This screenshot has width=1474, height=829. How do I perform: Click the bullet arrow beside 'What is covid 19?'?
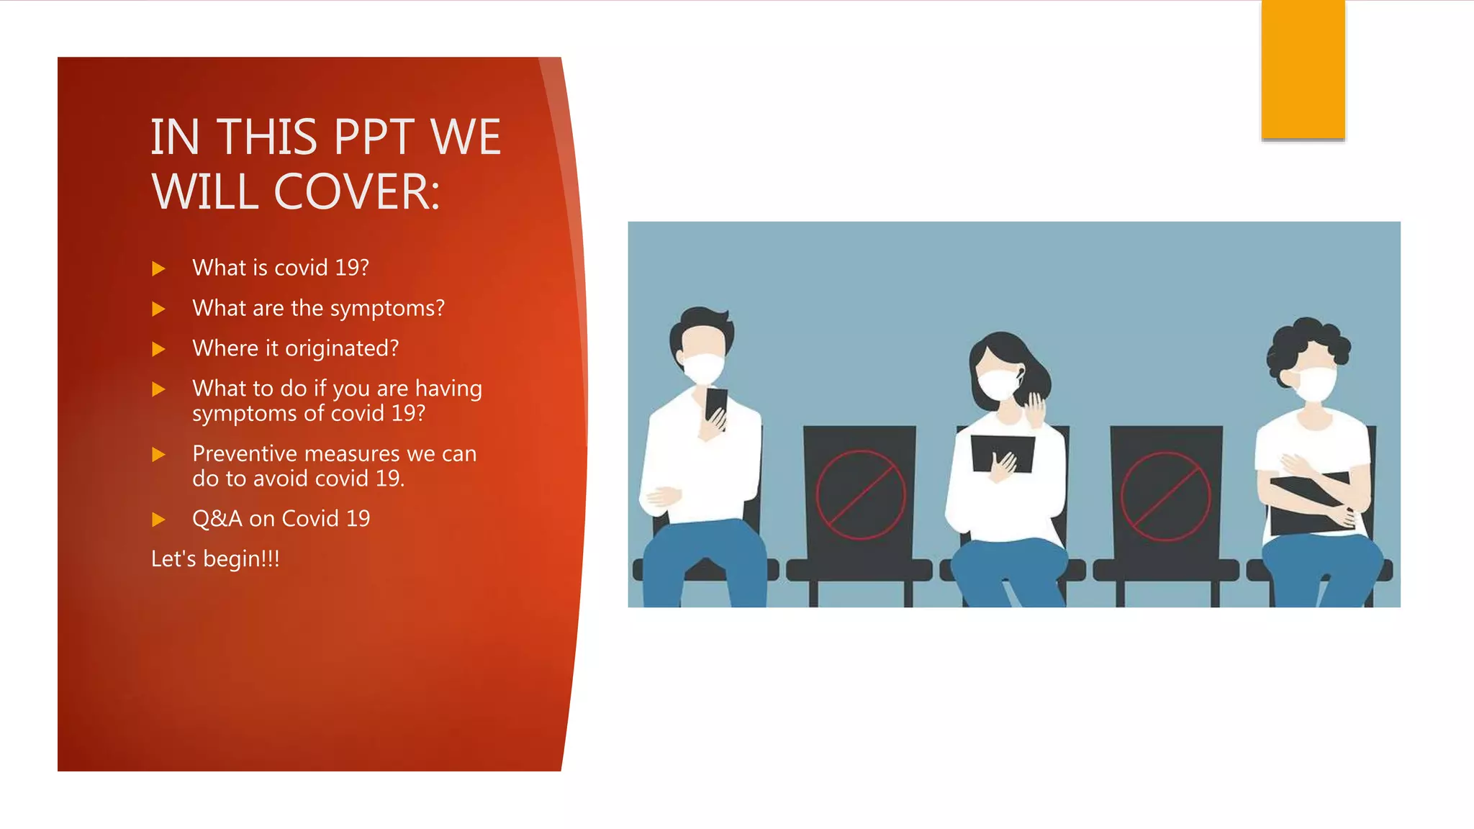coord(159,269)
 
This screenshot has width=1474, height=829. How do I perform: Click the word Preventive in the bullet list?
coord(245,454)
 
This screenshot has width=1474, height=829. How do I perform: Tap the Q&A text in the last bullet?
coord(217,519)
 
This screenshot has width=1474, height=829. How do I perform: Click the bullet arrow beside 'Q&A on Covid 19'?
coord(159,520)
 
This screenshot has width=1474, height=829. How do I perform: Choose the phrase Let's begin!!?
coord(215,559)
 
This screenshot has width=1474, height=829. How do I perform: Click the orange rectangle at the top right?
coord(1303,69)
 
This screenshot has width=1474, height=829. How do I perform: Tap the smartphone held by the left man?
coord(716,405)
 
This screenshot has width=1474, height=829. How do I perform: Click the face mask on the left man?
coord(702,368)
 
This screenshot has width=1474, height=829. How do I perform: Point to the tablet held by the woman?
coord(1002,452)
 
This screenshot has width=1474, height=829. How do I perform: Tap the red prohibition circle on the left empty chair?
coord(860,494)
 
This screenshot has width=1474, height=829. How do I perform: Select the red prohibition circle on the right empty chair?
coord(1165,496)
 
